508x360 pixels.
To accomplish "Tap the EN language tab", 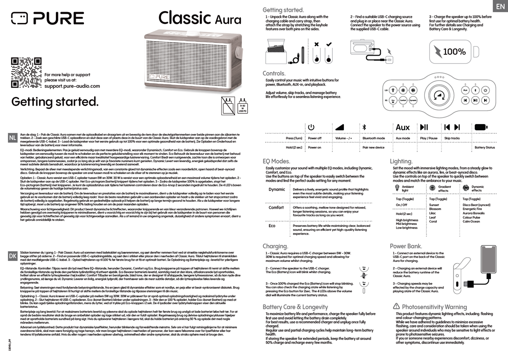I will tap(499, 6).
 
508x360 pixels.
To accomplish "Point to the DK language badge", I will tap(13, 256).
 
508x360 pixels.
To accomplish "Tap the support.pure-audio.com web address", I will tap(72, 86).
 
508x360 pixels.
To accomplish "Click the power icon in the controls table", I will tap(311, 127).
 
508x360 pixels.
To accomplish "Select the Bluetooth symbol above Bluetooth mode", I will tap(364, 127).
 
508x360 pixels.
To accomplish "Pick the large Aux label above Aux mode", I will tap(402, 127).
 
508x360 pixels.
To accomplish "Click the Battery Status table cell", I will tap(484, 148).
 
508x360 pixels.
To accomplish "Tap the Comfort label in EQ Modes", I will tap(276, 208).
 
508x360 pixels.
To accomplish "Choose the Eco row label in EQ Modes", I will tap(272, 226).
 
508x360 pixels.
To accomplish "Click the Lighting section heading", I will tap(401, 161).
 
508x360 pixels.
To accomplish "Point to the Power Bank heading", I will tap(406, 246).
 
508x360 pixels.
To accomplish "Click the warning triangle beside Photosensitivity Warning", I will tap(396, 306).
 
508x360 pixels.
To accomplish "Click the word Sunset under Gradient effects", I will tap(434, 205).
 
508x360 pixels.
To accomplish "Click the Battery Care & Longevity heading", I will tap(295, 307).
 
